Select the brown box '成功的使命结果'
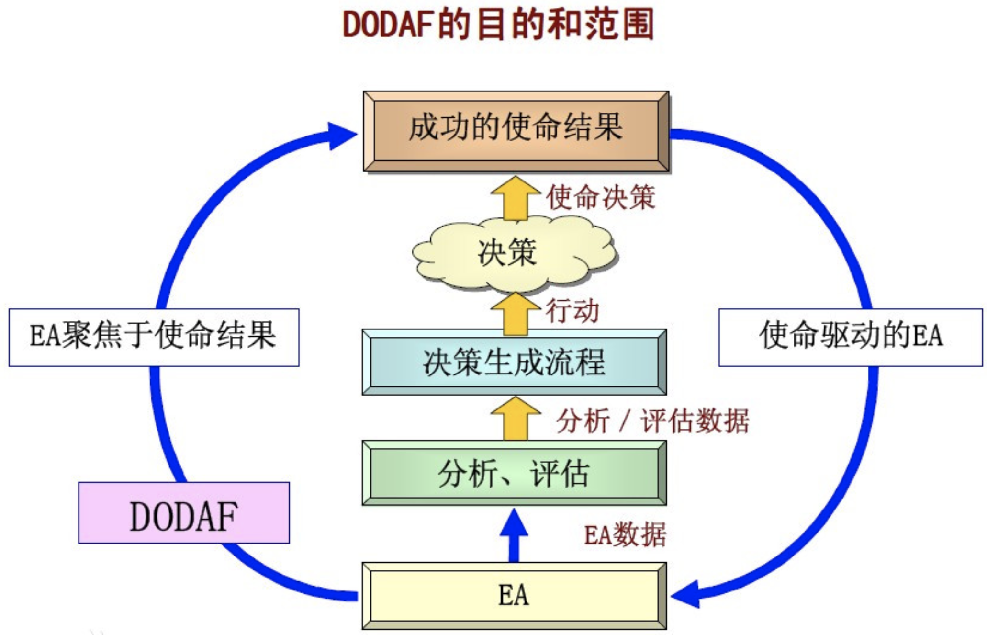click(x=516, y=130)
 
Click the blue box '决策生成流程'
click(x=514, y=363)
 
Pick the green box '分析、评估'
click(x=514, y=473)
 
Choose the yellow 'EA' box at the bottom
click(x=514, y=596)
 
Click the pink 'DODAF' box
click(x=184, y=513)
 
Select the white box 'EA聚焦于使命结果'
click(x=154, y=338)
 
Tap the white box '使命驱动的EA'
click(x=850, y=338)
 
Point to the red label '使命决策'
click(x=601, y=197)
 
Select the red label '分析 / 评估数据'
click(x=652, y=421)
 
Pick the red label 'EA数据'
click(x=625, y=535)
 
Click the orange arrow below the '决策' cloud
click(x=516, y=314)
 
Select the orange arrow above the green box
click(x=516, y=418)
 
